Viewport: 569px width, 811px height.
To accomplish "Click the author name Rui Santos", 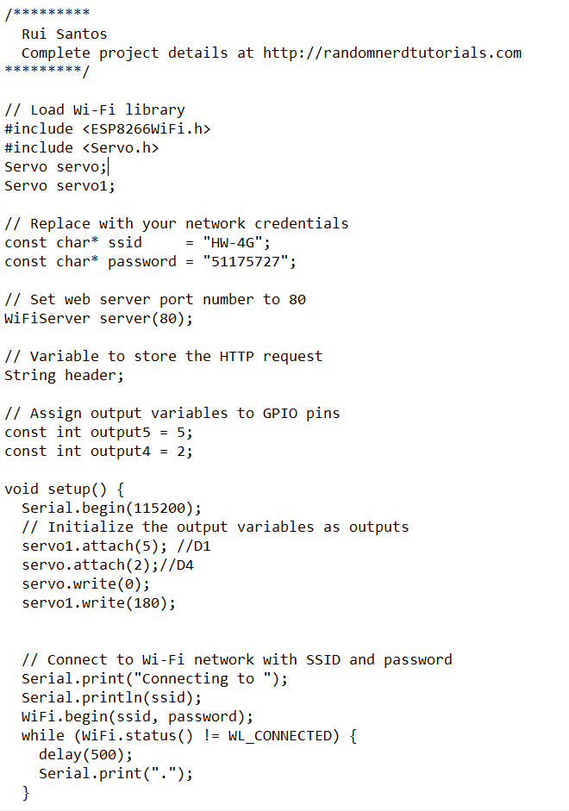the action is coord(65,34).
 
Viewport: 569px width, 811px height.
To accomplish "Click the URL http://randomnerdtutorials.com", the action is coord(392,53).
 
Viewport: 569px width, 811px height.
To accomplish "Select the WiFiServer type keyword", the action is coord(47,318).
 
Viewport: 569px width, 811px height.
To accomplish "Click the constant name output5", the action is coord(121,432).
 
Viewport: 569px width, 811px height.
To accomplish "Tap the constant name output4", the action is coord(121,451).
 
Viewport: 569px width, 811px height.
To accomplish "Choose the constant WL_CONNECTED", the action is coord(280,735).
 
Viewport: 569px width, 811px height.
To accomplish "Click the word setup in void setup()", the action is coord(69,489).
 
